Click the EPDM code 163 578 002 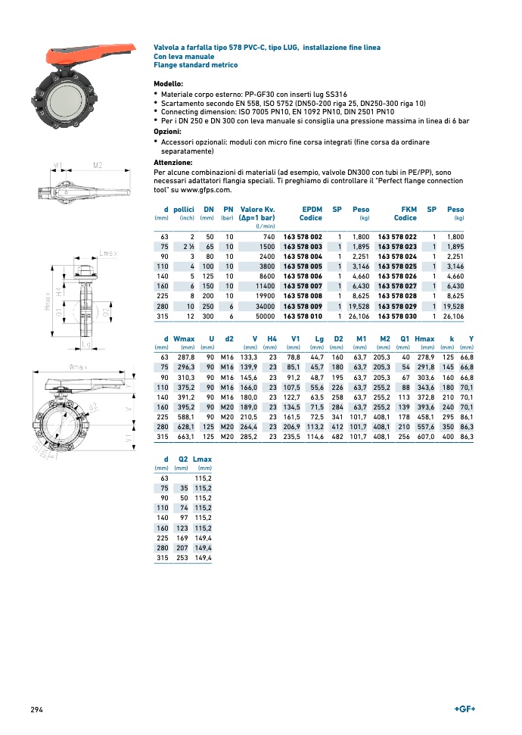coord(303,237)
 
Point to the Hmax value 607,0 coord(424,437)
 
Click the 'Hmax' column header coord(424,338)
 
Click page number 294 coord(36,709)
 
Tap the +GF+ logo coord(465,709)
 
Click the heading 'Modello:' coord(169,83)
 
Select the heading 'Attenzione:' coord(173,162)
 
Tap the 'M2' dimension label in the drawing coord(98,165)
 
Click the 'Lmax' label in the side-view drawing coord(108,253)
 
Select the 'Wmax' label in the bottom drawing coord(78,367)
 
